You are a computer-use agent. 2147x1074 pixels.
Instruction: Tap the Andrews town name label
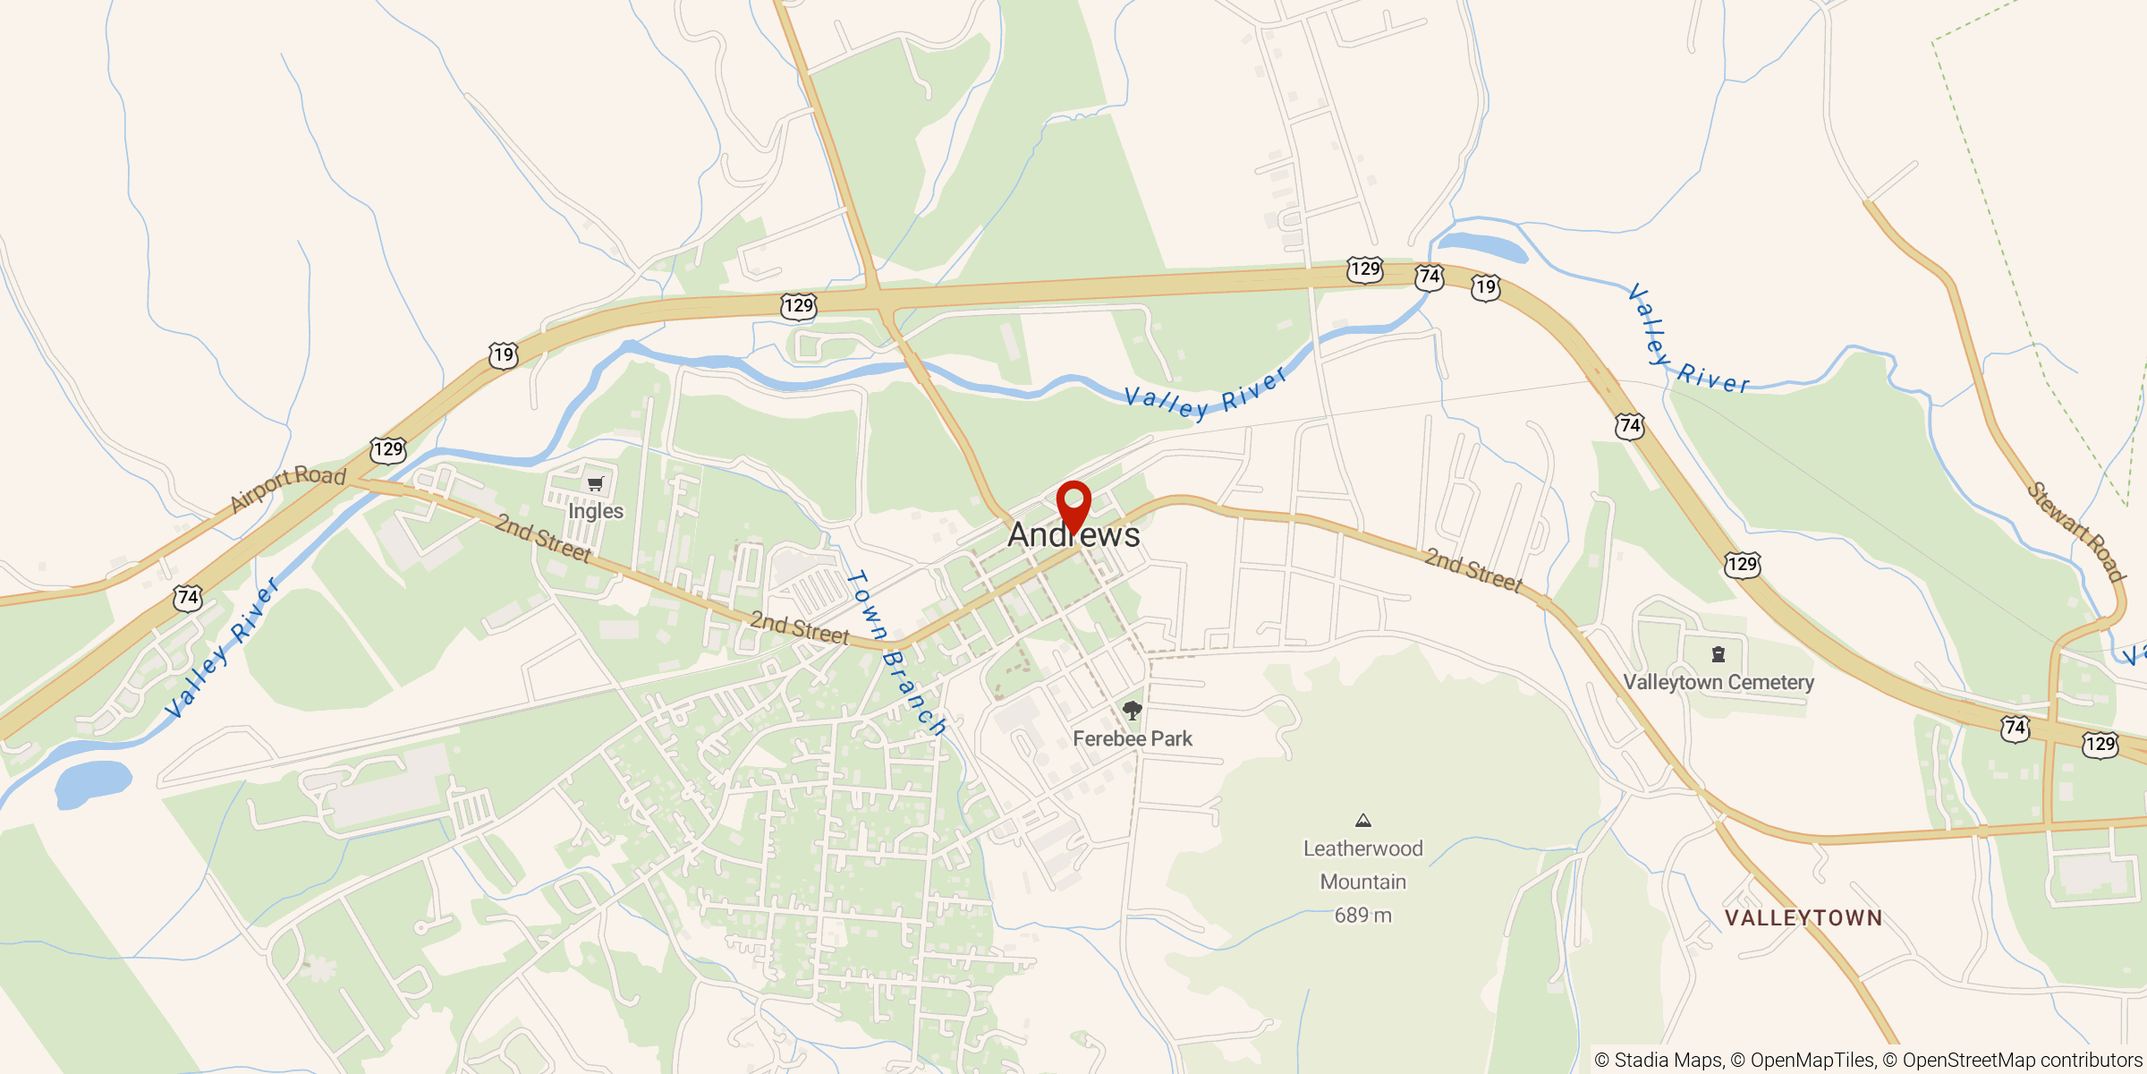pos(1073,535)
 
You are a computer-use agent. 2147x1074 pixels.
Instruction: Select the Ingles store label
pos(596,511)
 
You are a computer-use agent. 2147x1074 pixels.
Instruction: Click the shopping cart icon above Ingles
pos(596,484)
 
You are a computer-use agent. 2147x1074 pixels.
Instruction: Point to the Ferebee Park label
pos(1133,739)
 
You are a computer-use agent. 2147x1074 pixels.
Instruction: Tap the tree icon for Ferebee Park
pos(1133,712)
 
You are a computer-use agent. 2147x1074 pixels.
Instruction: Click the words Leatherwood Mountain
pos(1362,865)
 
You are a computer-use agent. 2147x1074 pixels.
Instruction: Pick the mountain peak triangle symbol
pos(1363,821)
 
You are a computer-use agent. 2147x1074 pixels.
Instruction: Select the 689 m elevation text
pos(1363,916)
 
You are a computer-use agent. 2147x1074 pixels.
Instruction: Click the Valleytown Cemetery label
pos(1718,683)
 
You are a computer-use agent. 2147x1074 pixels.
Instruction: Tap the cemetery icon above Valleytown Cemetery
pos(1718,655)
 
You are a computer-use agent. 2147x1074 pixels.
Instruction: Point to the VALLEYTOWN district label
pos(1803,918)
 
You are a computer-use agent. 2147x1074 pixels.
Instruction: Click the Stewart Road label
pos(2076,533)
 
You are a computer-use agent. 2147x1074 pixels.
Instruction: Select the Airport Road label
pos(288,488)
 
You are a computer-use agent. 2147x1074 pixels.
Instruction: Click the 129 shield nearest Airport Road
pos(388,449)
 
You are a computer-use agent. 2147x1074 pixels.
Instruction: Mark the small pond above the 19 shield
pos(1481,246)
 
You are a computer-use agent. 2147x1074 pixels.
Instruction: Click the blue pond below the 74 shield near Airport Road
pos(93,782)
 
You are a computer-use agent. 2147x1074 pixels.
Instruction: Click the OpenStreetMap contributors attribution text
pos(2022,1061)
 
